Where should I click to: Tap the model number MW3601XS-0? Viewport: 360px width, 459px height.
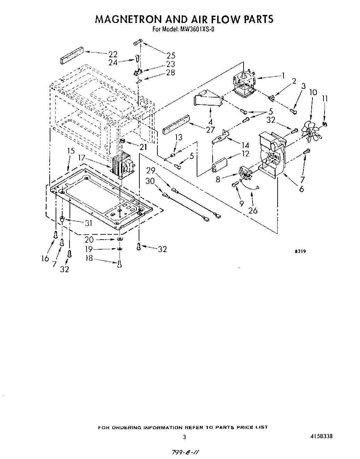coord(197,29)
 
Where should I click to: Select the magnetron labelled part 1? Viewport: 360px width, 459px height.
coord(244,83)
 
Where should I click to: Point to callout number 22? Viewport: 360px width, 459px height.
coord(113,55)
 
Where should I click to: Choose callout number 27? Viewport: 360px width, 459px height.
coord(211,130)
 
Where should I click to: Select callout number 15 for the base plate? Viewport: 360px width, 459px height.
coord(71,151)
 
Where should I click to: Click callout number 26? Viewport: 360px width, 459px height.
coord(253,210)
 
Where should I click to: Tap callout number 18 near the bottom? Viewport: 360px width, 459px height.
coord(89,258)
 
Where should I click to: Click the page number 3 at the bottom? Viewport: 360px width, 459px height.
coord(185,437)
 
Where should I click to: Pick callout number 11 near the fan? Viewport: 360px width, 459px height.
coord(325,98)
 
